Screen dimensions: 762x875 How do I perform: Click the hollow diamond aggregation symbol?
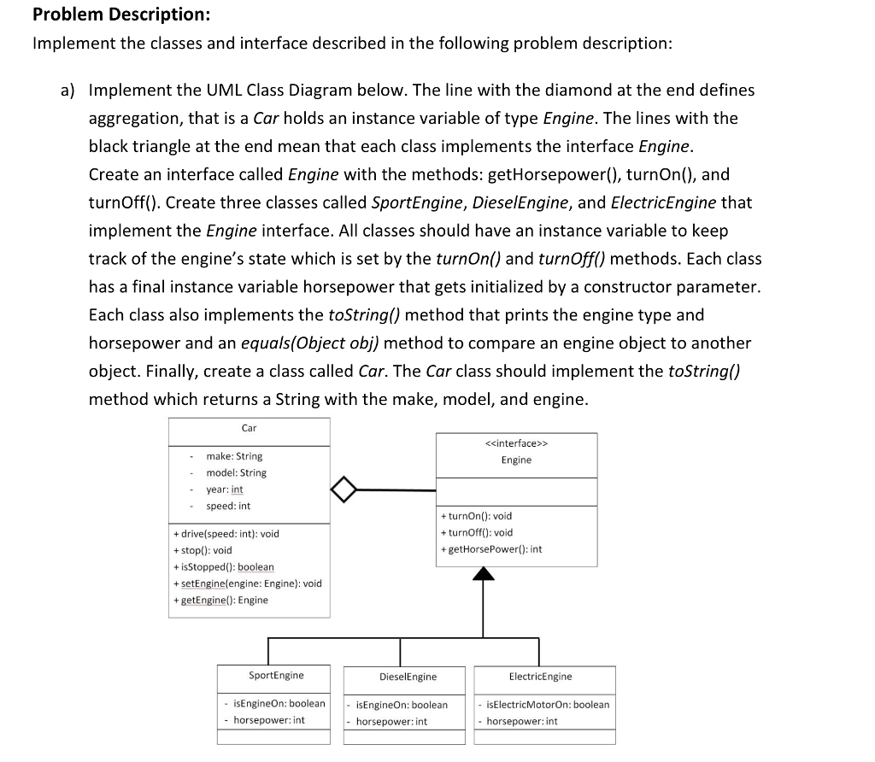click(x=343, y=490)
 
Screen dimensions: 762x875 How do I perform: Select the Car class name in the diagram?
click(x=249, y=428)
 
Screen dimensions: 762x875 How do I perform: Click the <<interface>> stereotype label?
click(x=516, y=443)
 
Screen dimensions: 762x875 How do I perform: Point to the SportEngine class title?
click(x=276, y=675)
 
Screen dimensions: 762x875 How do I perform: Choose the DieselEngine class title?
click(x=408, y=677)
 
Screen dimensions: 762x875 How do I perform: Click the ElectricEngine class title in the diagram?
click(x=540, y=677)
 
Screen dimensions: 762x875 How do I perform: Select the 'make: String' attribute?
click(x=234, y=456)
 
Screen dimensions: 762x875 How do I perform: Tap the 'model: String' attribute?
click(x=236, y=472)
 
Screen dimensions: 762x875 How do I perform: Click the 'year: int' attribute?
click(x=225, y=489)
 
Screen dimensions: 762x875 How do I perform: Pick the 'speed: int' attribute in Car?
click(x=228, y=506)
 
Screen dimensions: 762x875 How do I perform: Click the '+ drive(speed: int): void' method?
click(x=226, y=534)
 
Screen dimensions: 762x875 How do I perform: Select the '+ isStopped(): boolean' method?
click(x=223, y=567)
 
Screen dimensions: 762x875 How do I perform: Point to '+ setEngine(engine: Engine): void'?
click(x=247, y=583)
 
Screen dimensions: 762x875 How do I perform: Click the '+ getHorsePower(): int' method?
click(x=490, y=549)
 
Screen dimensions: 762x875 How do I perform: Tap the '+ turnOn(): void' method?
click(x=476, y=516)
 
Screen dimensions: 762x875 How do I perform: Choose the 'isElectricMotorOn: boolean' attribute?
click(x=547, y=705)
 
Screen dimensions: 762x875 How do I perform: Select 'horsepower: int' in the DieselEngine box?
click(x=391, y=722)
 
